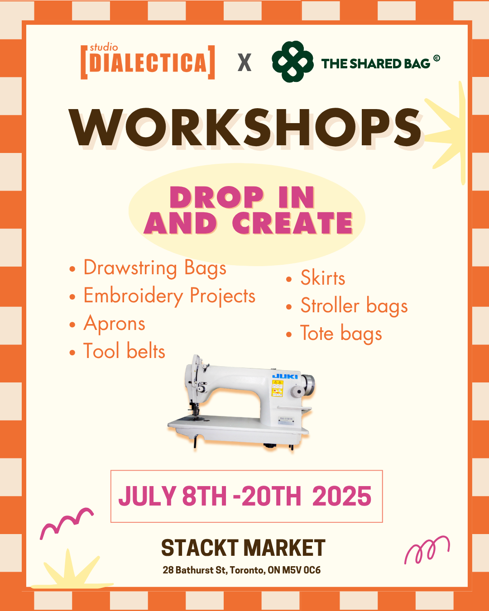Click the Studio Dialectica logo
148,62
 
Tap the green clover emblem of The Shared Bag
292,62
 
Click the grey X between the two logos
244,62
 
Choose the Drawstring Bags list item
148,268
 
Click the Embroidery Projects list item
162,296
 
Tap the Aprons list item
107,324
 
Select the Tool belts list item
117,351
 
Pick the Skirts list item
316,278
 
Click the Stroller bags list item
347,306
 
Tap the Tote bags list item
334,333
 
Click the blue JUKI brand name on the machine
285,377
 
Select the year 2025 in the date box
342,496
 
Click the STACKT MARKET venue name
243,548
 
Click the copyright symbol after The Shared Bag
437,58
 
